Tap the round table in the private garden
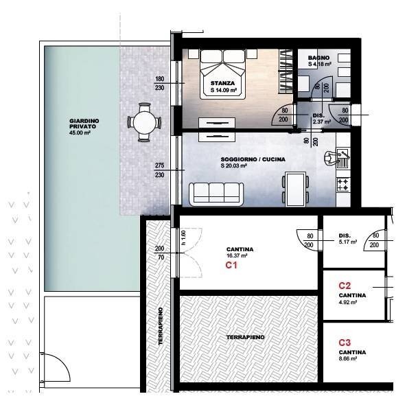pos(145,122)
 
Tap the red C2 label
pos(345,285)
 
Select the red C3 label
pos(345,342)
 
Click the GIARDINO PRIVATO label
pos(84,124)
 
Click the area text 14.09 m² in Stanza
pos(224,90)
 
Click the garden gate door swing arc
pos(58,371)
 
